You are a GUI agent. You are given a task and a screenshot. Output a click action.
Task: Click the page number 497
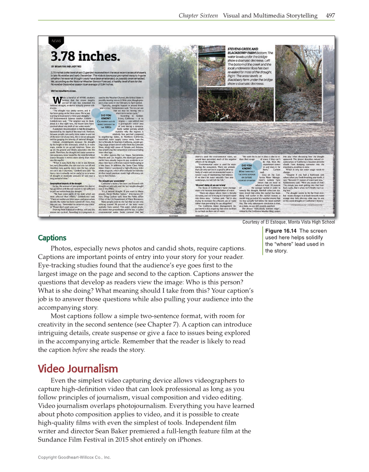tap(330, 16)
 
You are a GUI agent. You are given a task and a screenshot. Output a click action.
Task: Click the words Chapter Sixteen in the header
tap(198, 16)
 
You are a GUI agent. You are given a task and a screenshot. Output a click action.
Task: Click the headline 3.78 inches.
tap(85, 56)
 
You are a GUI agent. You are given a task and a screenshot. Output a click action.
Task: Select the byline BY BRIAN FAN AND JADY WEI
tap(73, 66)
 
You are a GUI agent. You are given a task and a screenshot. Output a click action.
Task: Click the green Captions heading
tap(52, 238)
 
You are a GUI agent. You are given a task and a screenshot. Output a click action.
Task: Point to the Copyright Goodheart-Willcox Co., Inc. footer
tap(74, 457)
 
